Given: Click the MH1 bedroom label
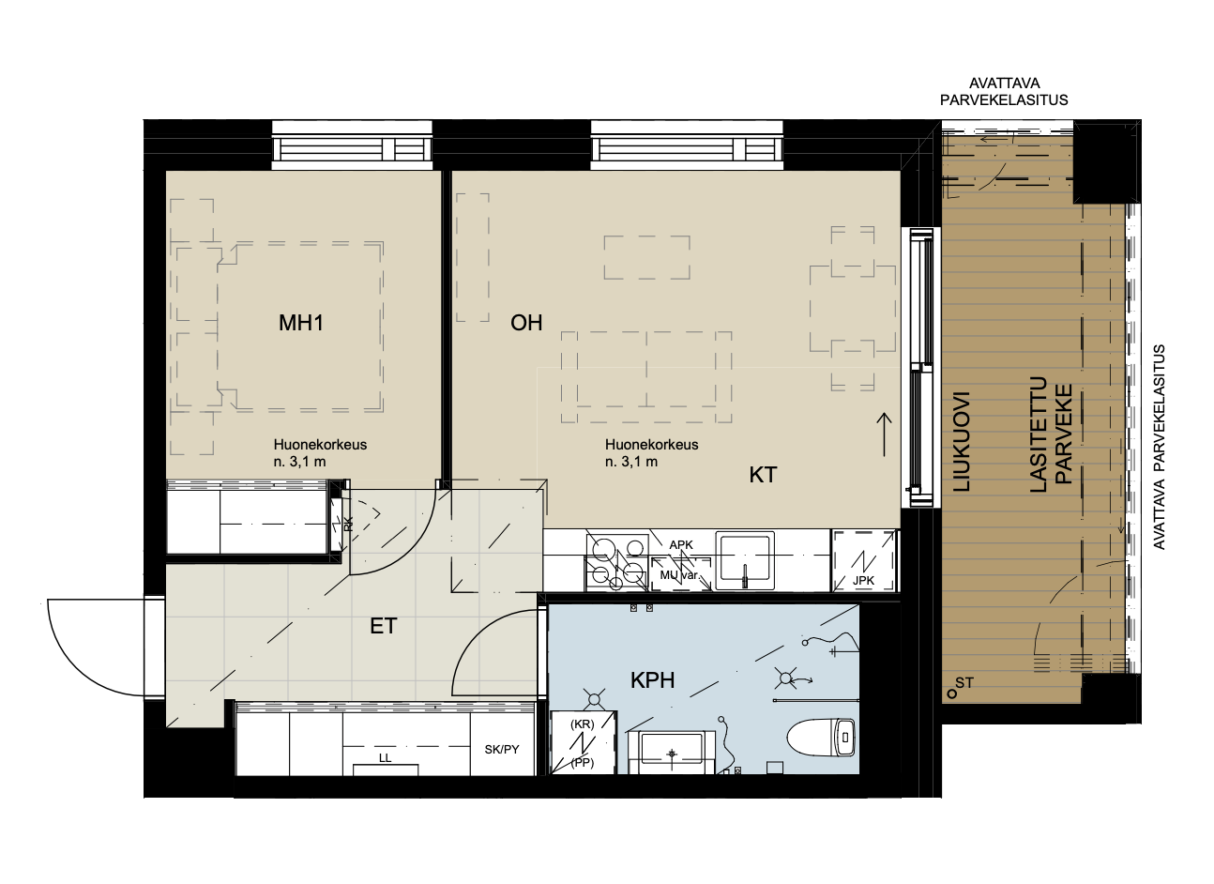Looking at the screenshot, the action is (301, 323).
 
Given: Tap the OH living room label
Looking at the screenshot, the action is (526, 323).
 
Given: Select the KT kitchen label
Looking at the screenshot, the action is (763, 475).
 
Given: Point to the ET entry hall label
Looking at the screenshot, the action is (383, 627).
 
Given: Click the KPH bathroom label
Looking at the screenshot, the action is (653, 680).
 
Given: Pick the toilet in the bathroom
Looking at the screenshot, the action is (821, 737).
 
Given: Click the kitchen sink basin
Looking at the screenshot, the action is (745, 560).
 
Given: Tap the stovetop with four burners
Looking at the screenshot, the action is (617, 563).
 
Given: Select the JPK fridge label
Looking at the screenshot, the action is (863, 581).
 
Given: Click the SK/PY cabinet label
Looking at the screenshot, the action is (502, 750).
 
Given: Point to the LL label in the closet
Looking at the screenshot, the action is (385, 758).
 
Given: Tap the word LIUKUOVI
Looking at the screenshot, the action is (962, 442).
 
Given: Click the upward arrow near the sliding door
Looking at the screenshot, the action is (885, 434).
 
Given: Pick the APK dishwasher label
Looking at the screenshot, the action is (681, 544).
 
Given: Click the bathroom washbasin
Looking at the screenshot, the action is (672, 752).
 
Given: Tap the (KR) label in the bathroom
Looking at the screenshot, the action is (583, 724).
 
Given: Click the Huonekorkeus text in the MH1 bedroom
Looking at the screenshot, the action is (320, 445).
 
